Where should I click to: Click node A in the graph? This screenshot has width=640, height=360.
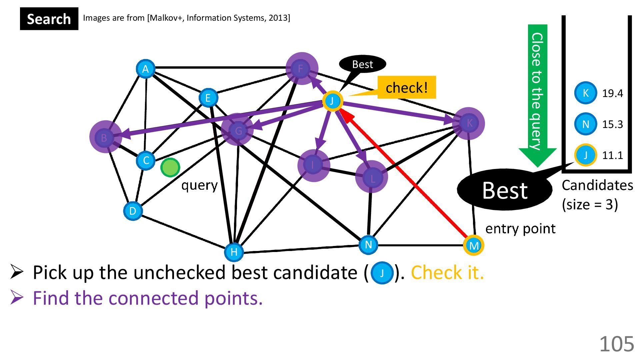tap(145, 69)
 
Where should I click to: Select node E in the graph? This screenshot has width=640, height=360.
tap(208, 98)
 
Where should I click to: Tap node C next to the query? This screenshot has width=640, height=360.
tap(146, 160)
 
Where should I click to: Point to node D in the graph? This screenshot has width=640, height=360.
tap(133, 211)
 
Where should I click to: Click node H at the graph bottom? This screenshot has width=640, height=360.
tap(234, 252)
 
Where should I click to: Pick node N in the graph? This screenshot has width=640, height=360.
tap(368, 245)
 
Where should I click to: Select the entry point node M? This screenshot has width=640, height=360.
tap(473, 246)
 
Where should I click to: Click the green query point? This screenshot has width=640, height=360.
tap(170, 167)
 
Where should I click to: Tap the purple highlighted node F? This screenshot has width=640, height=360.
tap(301, 69)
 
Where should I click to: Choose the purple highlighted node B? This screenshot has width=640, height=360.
tap(105, 137)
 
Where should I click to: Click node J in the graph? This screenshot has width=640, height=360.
tap(332, 101)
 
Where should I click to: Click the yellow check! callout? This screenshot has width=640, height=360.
tap(406, 88)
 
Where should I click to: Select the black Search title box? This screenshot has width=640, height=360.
tap(49, 19)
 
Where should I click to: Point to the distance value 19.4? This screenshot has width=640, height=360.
tap(612, 93)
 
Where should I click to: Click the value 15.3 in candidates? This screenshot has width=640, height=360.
tap(612, 124)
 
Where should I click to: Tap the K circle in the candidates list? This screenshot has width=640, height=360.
tap(585, 93)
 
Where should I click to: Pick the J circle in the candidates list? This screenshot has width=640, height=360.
tap(585, 155)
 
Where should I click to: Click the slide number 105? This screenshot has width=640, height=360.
tap(616, 344)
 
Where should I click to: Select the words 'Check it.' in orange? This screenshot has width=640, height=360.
tap(447, 273)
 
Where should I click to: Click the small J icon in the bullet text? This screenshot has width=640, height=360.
tap(382, 273)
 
